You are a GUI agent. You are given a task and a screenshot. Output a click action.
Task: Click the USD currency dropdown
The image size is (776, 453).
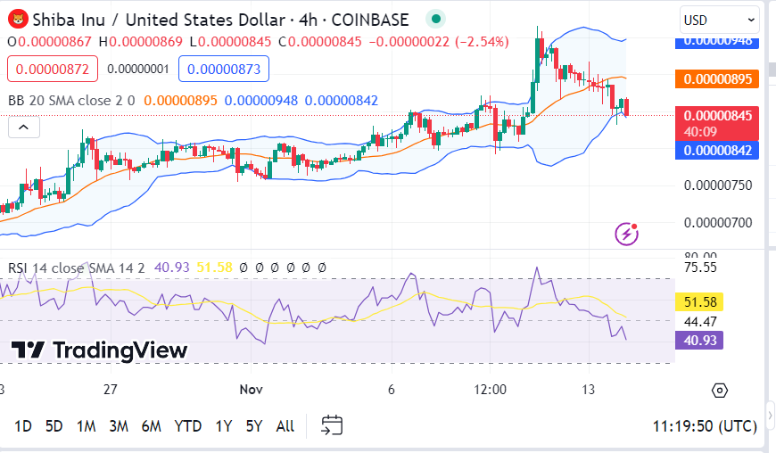click(x=719, y=20)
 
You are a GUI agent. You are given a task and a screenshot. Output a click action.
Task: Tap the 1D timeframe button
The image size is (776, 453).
click(x=23, y=426)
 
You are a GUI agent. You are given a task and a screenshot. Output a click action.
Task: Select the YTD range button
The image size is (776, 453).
click(x=187, y=426)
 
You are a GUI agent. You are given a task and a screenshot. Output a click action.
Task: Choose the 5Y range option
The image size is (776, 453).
click(x=253, y=426)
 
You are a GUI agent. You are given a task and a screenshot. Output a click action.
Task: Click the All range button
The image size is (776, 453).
click(x=285, y=426)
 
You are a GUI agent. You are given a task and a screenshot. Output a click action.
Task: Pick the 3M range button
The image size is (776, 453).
click(x=119, y=426)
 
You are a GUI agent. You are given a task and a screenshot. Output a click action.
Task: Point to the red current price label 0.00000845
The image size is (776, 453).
click(x=719, y=115)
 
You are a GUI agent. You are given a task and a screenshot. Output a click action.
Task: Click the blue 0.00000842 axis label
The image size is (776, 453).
click(x=719, y=150)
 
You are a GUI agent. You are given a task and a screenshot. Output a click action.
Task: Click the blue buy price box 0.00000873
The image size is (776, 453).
click(x=223, y=69)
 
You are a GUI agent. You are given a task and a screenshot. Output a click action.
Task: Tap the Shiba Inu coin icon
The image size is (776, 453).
click(x=17, y=20)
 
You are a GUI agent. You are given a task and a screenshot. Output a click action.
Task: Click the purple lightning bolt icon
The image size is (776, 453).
click(x=627, y=234)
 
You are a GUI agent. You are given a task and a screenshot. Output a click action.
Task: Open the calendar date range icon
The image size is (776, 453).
click(x=332, y=425)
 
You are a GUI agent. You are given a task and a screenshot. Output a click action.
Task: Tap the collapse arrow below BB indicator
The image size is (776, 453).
click(x=24, y=128)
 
